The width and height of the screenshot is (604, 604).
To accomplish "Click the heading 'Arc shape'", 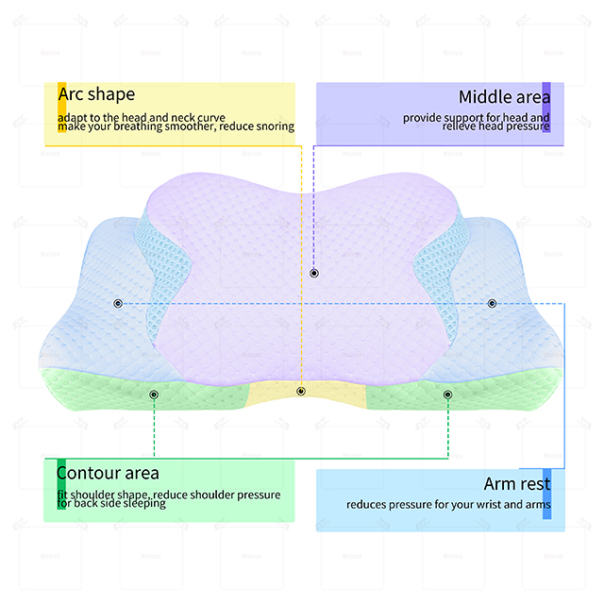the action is (96, 94).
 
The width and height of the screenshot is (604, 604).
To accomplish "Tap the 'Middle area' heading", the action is (504, 97).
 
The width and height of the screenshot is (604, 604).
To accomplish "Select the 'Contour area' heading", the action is (108, 473).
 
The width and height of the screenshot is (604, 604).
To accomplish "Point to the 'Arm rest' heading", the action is (517, 484).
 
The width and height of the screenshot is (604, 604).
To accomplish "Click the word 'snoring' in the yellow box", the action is (276, 126).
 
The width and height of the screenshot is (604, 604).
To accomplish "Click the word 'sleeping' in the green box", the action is (143, 504).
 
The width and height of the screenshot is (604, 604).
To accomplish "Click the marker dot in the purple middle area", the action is (314, 273).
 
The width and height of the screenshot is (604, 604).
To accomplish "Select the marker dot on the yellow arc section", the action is (301, 392).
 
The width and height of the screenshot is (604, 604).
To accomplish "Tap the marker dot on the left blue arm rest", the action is (118, 304).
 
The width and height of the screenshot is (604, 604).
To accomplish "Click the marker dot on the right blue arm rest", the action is (492, 304).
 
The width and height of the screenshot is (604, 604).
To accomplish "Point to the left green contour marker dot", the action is (154, 394).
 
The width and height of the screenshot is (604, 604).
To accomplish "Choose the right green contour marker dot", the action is (447, 394).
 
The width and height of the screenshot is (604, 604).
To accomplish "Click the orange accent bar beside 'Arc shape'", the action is (61, 108).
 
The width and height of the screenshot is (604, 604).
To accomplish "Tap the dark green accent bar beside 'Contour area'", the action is (61, 484).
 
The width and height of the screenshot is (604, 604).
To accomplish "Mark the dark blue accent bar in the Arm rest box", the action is (546, 494).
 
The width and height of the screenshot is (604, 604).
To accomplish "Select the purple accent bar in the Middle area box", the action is (546, 108).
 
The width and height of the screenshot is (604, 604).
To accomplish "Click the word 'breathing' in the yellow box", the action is (138, 126).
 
